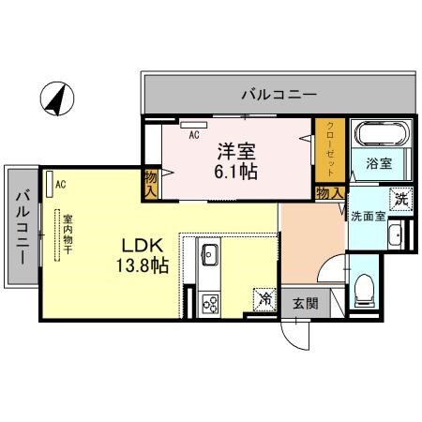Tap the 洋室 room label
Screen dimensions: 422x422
(x=237, y=150)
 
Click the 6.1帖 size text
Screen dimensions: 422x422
(x=237, y=173)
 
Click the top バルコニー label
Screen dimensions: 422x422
(x=279, y=94)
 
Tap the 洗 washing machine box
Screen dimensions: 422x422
(x=401, y=198)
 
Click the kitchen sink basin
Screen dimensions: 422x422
(x=209, y=254)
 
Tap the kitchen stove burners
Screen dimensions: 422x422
(x=210, y=302)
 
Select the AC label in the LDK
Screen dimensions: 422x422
(x=60, y=184)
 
